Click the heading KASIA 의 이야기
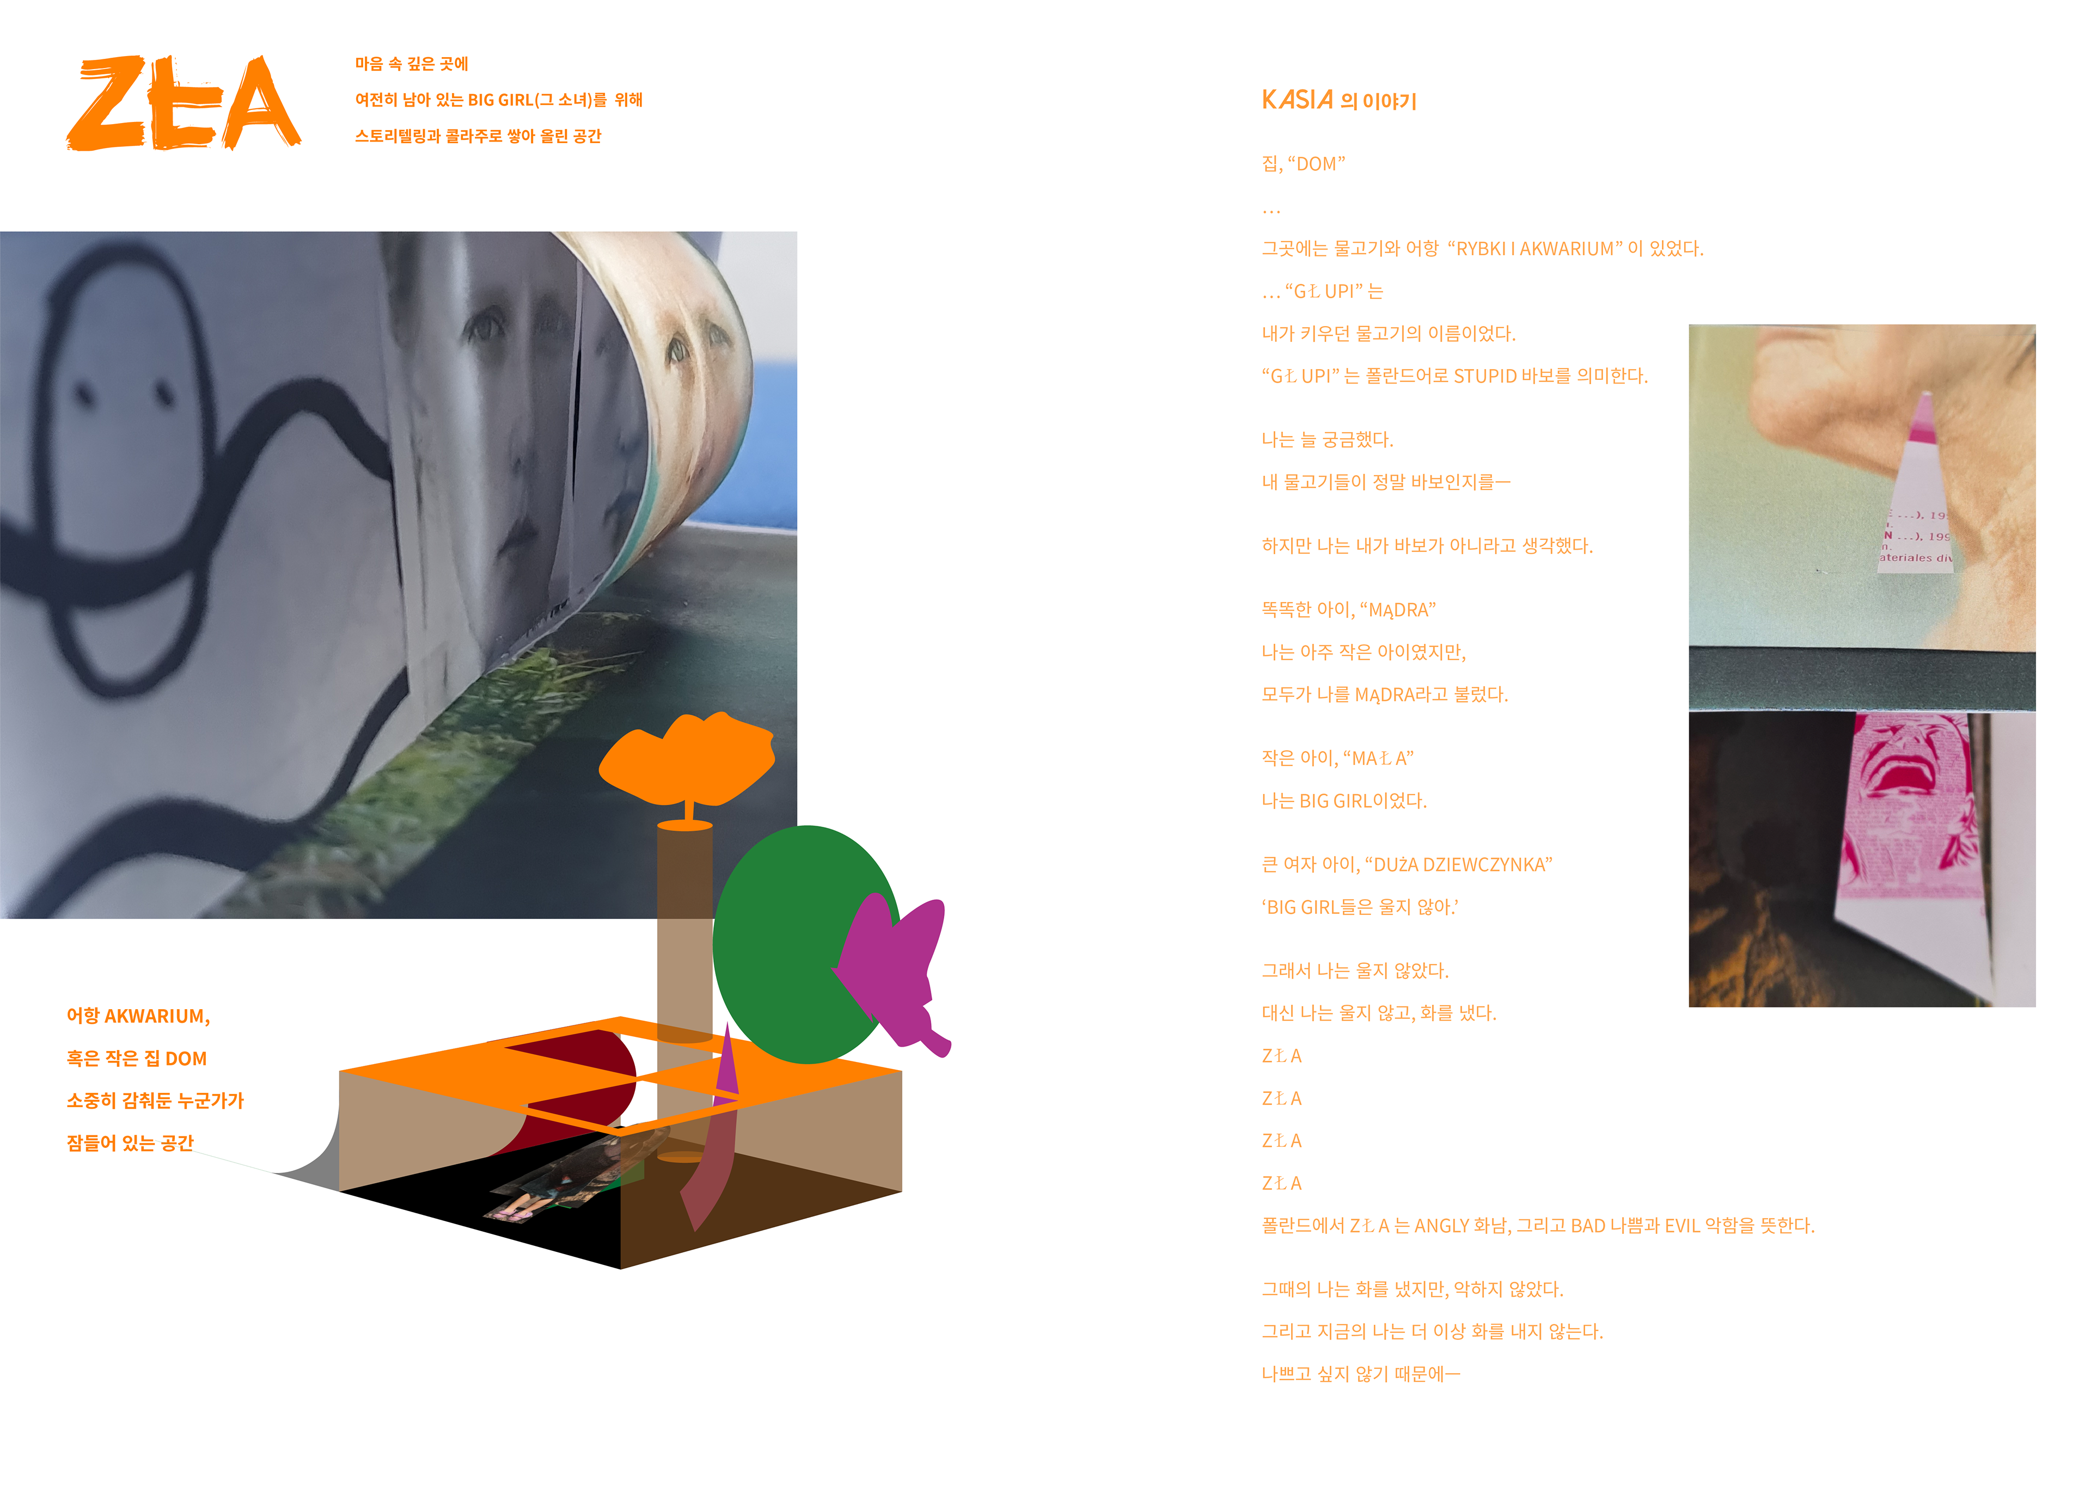pyautogui.click(x=1338, y=100)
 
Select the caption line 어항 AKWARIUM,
pyautogui.click(x=138, y=1016)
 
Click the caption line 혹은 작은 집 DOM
pyautogui.click(x=136, y=1058)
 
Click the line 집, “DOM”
pyautogui.click(x=1303, y=164)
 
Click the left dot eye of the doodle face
pyautogui.click(x=84, y=394)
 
